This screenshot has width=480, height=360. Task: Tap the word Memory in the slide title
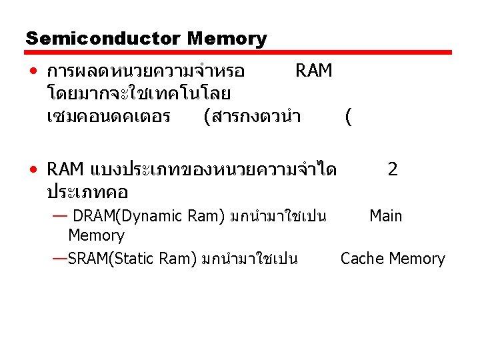tap(227, 39)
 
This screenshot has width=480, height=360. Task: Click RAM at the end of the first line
tap(313, 71)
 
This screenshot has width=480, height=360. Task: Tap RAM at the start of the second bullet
tap(65, 170)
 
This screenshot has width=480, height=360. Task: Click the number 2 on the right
tap(393, 169)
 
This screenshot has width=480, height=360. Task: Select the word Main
tap(386, 216)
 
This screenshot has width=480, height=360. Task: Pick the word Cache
tap(363, 259)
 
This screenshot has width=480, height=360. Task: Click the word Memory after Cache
tap(417, 259)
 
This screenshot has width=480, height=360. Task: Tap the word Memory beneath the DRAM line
tap(96, 235)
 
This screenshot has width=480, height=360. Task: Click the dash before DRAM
tap(59, 216)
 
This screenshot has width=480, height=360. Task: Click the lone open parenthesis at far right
tap(349, 117)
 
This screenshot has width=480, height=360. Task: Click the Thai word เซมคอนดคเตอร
tap(109, 117)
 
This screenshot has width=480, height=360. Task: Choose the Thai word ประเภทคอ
tap(87, 192)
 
